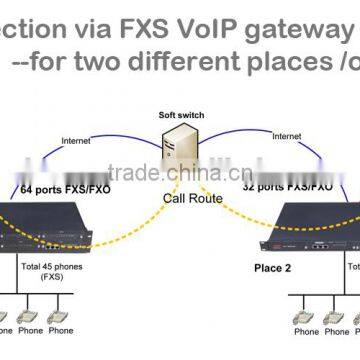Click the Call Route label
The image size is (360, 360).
pyautogui.click(x=186, y=197)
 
